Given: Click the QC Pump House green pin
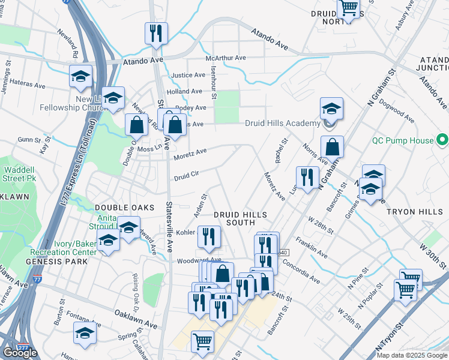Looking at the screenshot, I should click(x=443, y=140).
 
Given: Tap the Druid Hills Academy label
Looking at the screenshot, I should click(x=283, y=124).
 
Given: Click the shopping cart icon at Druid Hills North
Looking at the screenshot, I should click(x=348, y=8).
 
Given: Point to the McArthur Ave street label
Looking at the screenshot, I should click(x=226, y=58).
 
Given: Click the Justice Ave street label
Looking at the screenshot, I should click(x=188, y=76).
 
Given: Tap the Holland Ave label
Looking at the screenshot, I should click(x=184, y=91).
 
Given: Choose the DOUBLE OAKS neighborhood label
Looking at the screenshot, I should click(x=117, y=207).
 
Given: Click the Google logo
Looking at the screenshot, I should click(x=19, y=353).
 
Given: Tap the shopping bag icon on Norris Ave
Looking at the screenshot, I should click(x=332, y=147).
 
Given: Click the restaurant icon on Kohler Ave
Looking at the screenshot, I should click(x=209, y=236).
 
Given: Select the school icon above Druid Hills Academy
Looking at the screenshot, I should click(x=331, y=109).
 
